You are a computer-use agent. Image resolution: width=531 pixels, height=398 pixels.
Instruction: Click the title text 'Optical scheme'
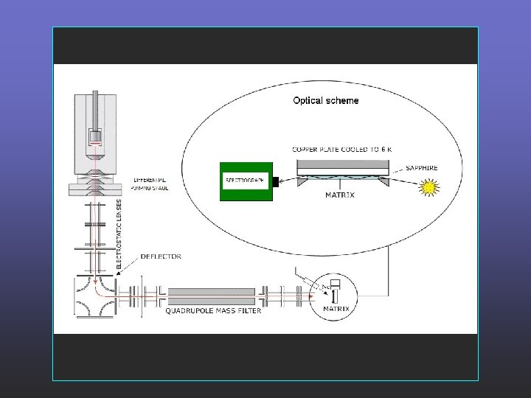pyautogui.click(x=326, y=100)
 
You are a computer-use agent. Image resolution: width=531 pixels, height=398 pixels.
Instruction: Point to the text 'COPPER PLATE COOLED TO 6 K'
pyautogui.click(x=342, y=149)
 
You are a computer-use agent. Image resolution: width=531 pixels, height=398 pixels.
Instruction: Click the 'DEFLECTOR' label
pyautogui.click(x=162, y=256)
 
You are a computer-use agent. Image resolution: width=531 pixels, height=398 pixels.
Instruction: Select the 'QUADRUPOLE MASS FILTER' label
pyautogui.click(x=211, y=310)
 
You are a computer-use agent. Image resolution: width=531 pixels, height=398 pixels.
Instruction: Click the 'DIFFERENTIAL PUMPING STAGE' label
pyautogui.click(x=150, y=184)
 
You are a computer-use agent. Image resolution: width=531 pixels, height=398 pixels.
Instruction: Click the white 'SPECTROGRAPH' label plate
pyautogui.click(x=245, y=181)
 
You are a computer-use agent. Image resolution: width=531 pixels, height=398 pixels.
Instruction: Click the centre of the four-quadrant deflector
pyautogui.click(x=97, y=296)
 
